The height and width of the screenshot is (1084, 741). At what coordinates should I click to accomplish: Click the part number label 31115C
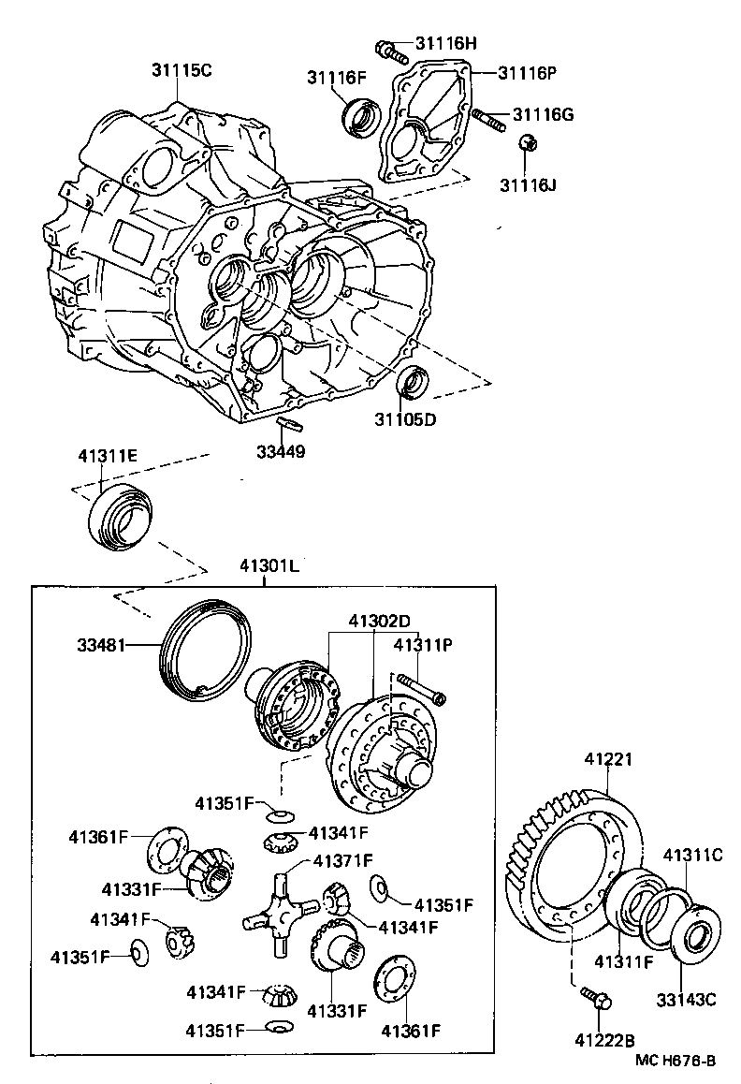pyautogui.click(x=182, y=69)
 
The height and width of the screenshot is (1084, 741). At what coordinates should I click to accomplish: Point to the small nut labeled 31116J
pyautogui.click(x=527, y=143)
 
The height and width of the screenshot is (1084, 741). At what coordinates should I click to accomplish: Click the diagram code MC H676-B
pyautogui.click(x=675, y=1060)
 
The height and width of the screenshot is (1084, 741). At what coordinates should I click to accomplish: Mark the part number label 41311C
pyautogui.click(x=693, y=855)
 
